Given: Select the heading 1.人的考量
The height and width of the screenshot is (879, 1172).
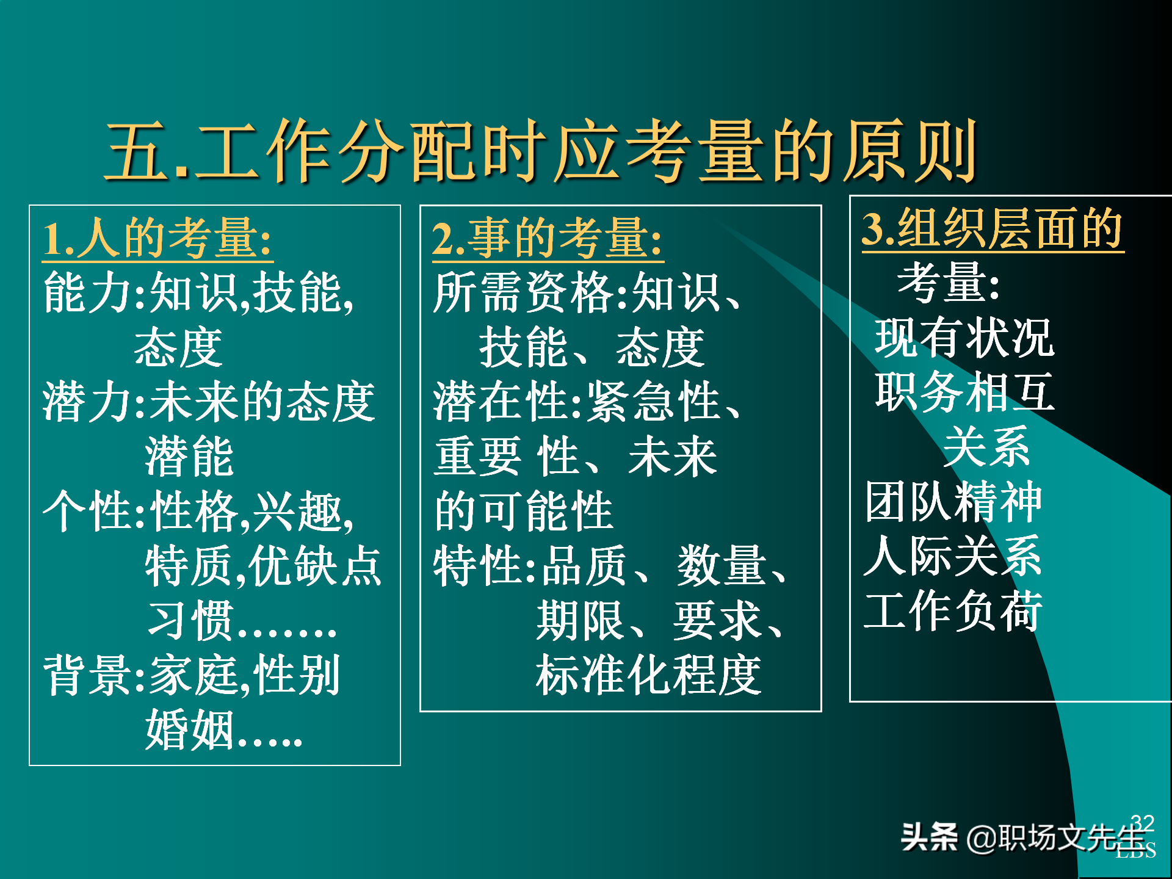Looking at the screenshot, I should (157, 239).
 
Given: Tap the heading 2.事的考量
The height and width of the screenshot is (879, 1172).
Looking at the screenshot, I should (547, 239).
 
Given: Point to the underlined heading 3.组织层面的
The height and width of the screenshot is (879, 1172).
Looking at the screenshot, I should (992, 228).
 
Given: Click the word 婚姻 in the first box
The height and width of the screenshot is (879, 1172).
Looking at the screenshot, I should (190, 729).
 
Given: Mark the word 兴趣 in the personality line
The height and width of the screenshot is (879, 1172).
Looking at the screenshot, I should (298, 511).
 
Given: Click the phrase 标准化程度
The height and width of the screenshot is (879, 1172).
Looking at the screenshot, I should (648, 675).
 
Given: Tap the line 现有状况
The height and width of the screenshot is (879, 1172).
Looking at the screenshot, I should (964, 338).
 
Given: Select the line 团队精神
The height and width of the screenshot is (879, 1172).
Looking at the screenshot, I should (953, 502).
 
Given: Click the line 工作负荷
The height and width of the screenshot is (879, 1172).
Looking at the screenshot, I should (953, 610).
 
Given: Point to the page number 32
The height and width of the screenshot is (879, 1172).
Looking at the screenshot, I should (1142, 823).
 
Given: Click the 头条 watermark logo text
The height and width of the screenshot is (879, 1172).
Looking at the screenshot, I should (929, 837).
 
